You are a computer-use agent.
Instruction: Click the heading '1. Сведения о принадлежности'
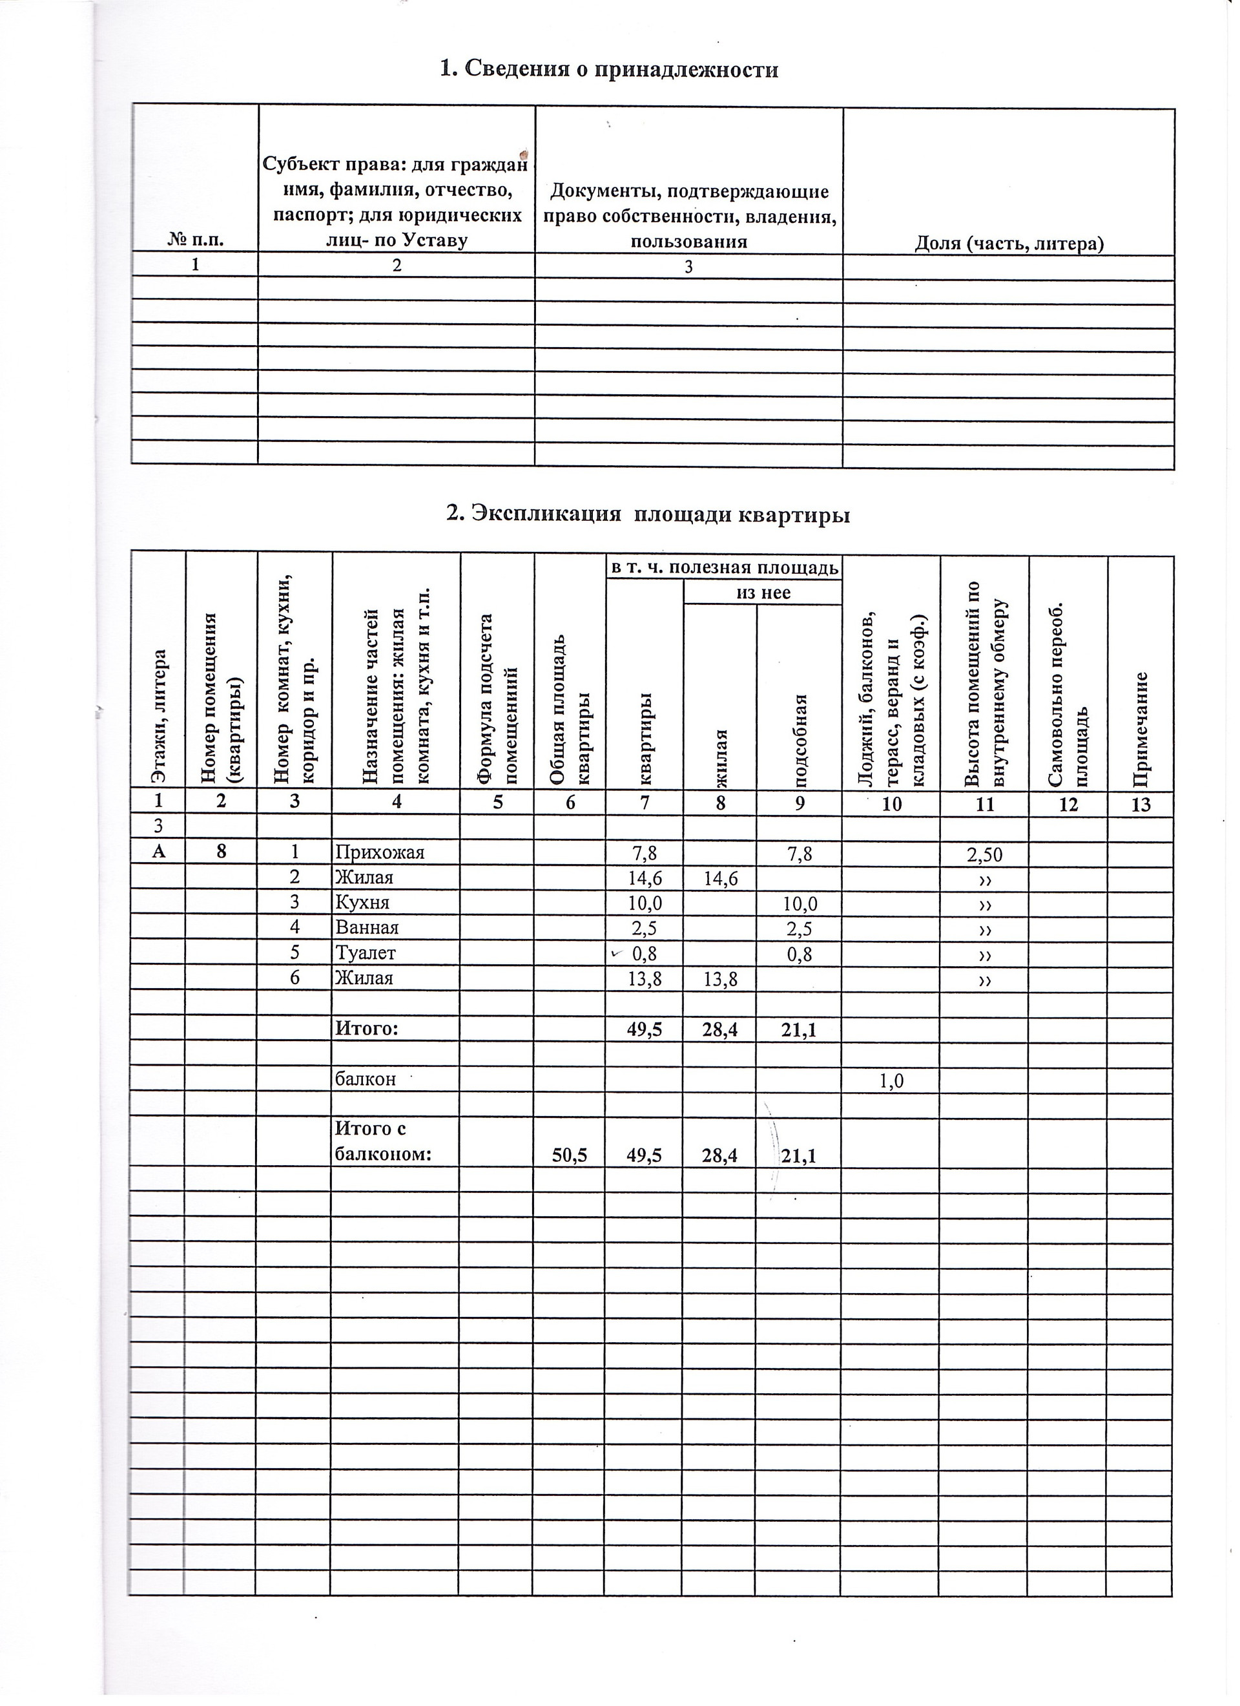608,70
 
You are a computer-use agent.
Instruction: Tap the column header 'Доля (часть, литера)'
1008,243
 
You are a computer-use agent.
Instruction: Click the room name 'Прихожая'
380,852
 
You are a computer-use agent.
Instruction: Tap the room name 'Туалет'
366,953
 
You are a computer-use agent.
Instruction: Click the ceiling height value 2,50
984,854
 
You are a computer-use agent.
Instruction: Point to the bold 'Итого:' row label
366,1027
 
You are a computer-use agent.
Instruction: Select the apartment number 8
220,852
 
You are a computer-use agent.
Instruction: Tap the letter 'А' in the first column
158,852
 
